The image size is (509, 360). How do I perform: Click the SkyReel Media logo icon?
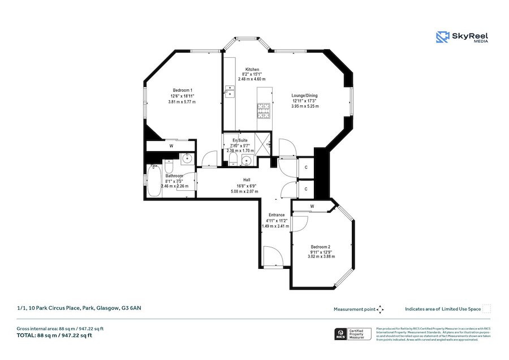click(442, 37)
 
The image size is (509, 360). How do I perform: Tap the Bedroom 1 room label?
click(182, 91)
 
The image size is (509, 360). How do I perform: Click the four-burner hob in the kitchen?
click(264, 110)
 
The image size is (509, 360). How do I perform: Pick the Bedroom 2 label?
click(321, 247)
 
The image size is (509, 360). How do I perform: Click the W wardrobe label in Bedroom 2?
click(312, 207)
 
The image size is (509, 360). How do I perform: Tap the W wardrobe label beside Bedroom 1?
click(171, 147)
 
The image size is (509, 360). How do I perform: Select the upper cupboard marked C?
click(306, 167)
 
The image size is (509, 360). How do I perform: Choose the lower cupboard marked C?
click(306, 188)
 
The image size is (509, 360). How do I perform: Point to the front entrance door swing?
click(274, 256)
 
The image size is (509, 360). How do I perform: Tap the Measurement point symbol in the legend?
click(380, 309)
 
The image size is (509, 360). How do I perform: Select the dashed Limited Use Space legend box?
click(486, 309)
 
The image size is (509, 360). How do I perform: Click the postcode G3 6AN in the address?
click(132, 308)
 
